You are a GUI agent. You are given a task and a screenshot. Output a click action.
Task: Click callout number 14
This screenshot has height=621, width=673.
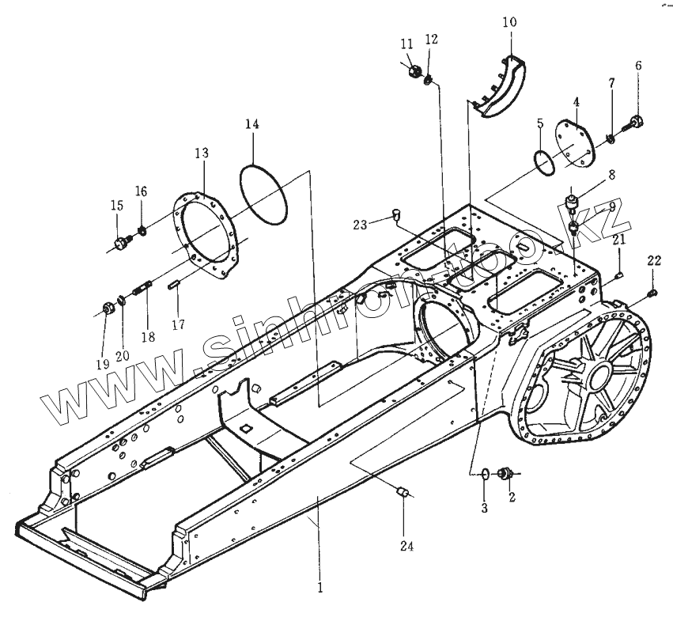tap(251, 124)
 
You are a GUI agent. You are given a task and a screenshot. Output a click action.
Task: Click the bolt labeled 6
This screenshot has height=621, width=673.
tap(635, 121)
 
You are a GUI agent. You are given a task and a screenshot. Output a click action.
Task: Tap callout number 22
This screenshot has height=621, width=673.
tap(654, 262)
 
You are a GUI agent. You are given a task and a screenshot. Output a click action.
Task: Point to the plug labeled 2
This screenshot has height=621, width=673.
tap(503, 475)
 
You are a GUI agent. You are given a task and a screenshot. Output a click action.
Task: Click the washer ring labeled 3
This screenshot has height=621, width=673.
tap(484, 474)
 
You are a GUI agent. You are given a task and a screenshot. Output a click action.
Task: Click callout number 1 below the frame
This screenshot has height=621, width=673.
tap(319, 588)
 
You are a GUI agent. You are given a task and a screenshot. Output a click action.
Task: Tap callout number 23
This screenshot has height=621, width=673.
tap(360, 225)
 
